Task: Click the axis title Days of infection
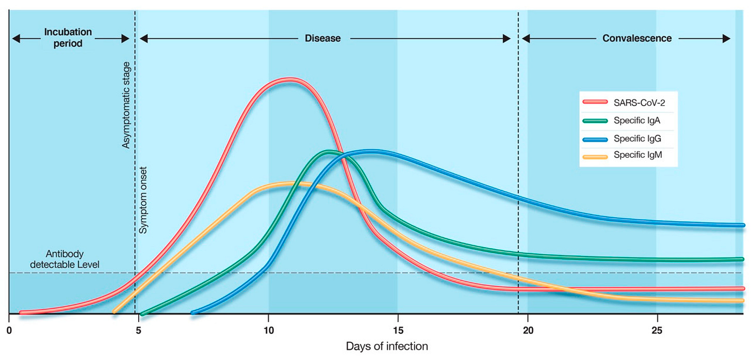click(x=387, y=346)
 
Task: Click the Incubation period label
click(x=68, y=38)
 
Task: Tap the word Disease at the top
click(x=323, y=38)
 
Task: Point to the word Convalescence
click(x=637, y=38)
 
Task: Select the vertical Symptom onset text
click(x=144, y=200)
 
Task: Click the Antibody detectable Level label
click(x=64, y=259)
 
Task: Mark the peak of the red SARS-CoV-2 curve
click(x=290, y=79)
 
